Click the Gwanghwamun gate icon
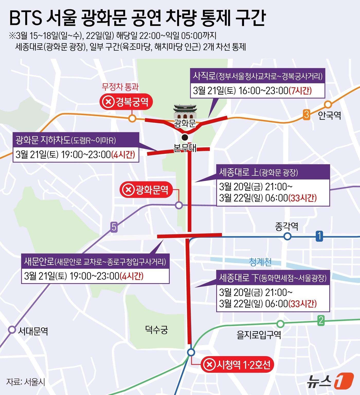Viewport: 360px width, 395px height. (185, 112)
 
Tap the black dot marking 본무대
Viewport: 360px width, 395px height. (184, 137)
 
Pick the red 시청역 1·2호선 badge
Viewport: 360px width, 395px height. (237, 364)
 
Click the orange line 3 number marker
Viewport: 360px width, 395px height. (306, 114)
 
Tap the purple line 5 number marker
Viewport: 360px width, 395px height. (114, 227)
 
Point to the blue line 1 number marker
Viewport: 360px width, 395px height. (319, 236)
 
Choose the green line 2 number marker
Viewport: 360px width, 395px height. (321, 321)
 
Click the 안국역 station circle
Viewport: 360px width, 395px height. (328, 105)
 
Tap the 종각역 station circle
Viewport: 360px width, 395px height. (287, 236)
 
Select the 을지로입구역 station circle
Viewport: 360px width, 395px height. (281, 324)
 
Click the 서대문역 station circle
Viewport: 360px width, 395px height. (12, 330)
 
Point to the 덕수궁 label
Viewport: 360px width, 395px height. (156, 329)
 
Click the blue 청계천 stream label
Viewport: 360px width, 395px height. (260, 262)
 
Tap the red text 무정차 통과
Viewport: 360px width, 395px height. (120, 87)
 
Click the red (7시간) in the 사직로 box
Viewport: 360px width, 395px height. (300, 91)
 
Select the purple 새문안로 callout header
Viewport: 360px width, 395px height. (95, 261)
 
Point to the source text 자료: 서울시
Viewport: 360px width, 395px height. (26, 382)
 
